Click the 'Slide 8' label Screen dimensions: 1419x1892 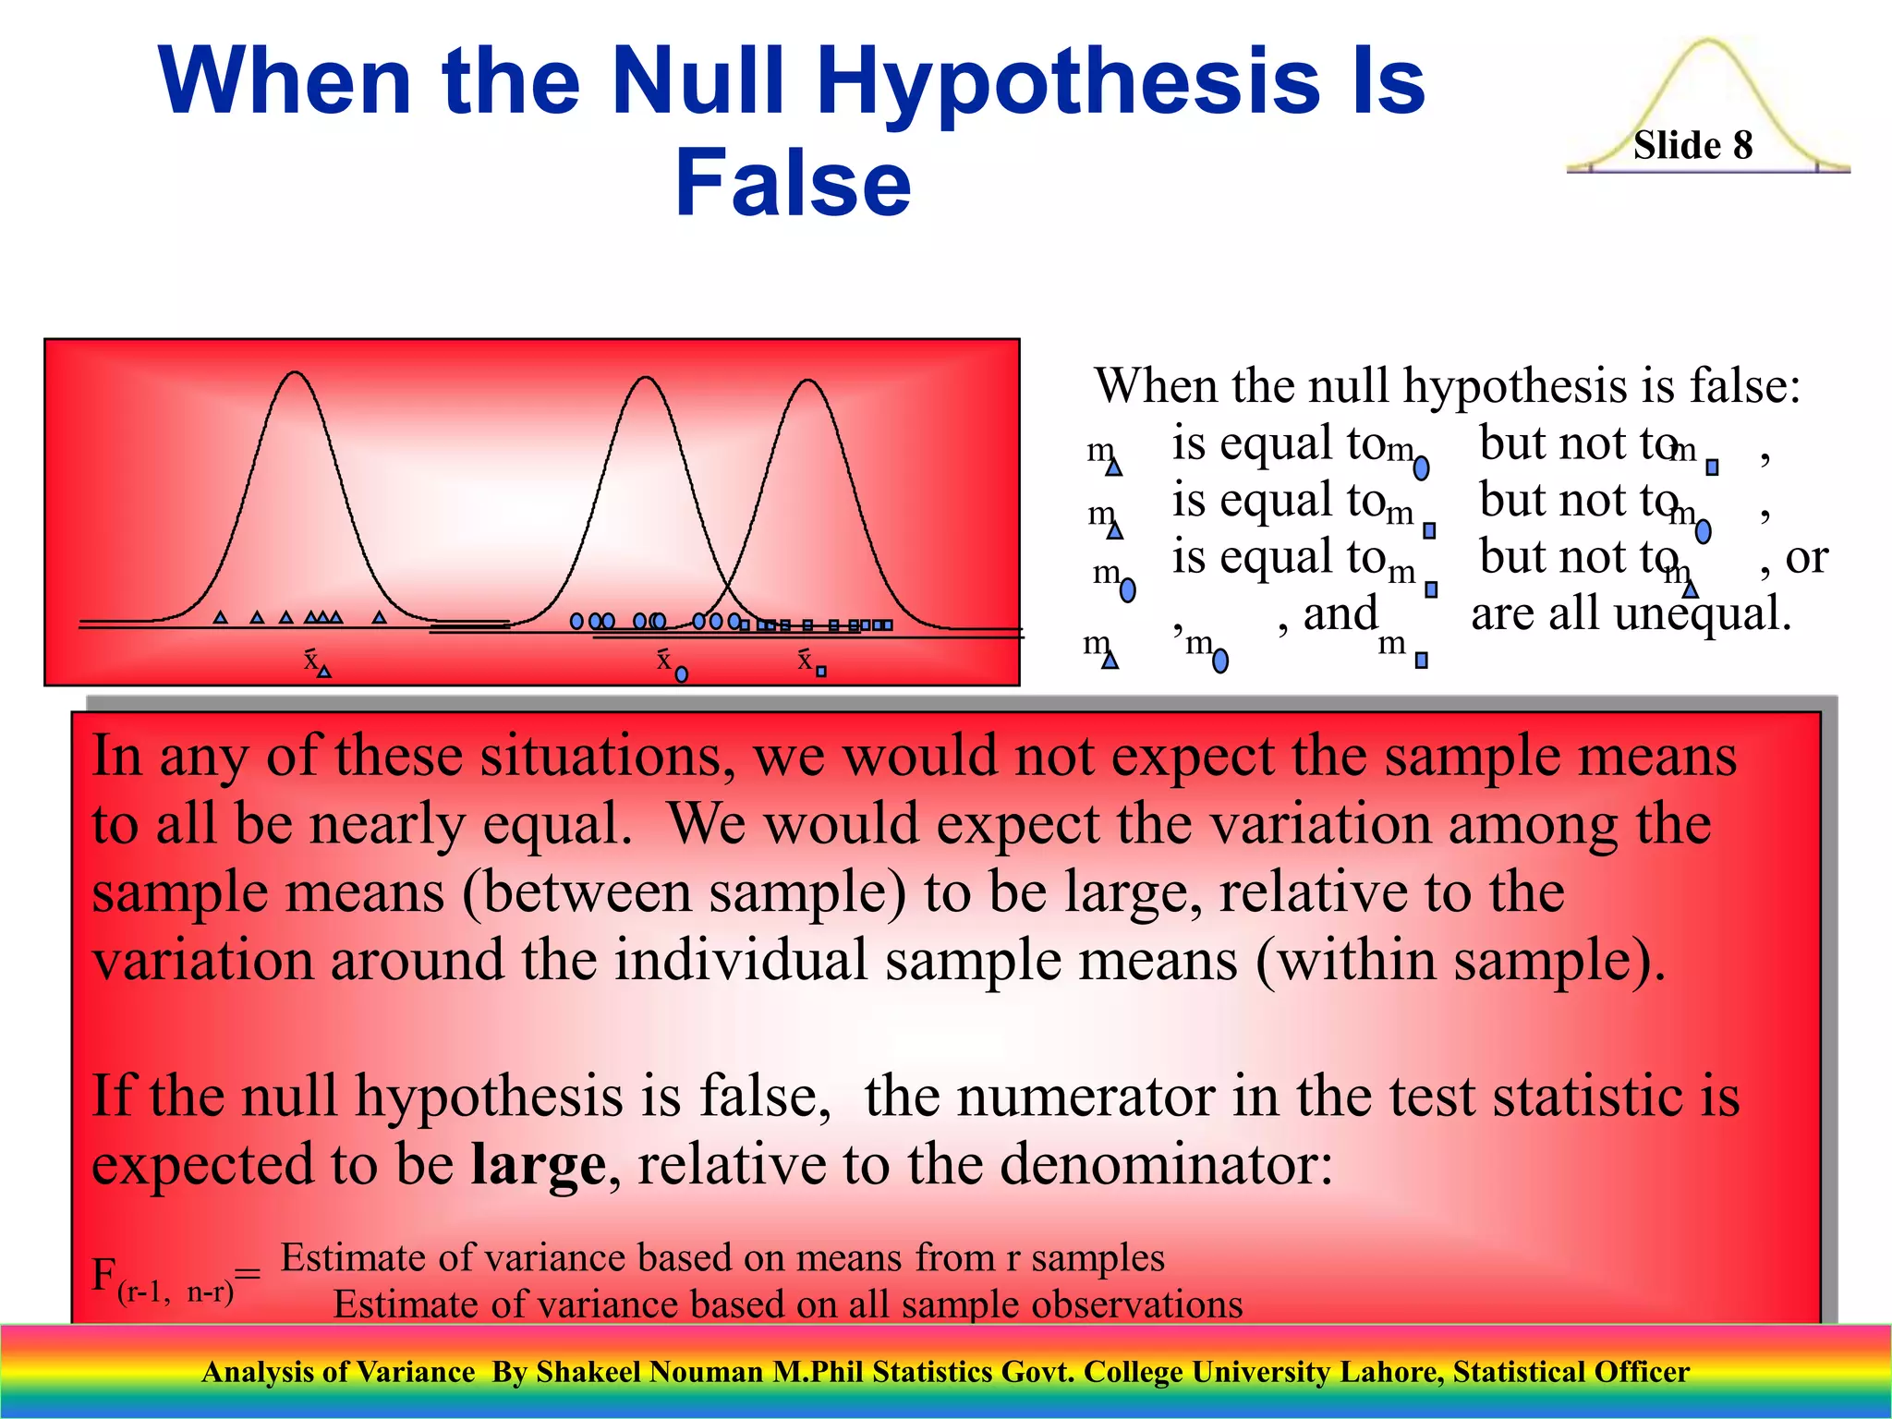click(x=1692, y=145)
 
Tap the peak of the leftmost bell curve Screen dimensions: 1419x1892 click(x=295, y=372)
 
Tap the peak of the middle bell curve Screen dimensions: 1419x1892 click(x=647, y=378)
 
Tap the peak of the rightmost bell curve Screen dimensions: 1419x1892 click(x=808, y=381)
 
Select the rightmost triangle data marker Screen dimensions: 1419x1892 click(x=379, y=616)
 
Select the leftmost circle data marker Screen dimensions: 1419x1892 click(x=576, y=621)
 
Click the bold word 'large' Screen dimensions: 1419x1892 click(x=538, y=1163)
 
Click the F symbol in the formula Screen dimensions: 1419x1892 click(x=103, y=1274)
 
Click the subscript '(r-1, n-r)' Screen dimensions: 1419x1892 click(x=176, y=1291)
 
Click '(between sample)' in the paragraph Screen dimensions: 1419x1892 click(x=684, y=893)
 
